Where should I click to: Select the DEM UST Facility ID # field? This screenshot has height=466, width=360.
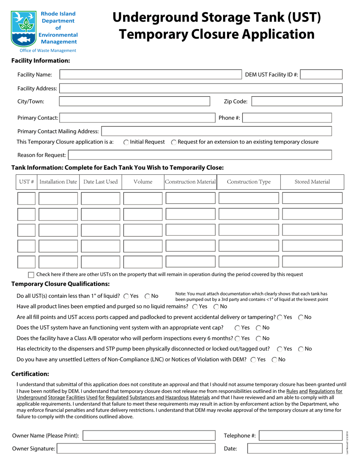click(322, 75)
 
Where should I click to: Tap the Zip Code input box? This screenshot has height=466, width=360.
click(297, 102)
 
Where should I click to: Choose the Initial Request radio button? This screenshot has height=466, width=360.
click(126, 142)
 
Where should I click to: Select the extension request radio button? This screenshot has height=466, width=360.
click(174, 142)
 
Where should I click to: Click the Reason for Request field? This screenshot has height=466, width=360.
click(200, 155)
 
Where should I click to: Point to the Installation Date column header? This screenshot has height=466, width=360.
click(58, 182)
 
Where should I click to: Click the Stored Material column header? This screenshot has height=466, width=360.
click(312, 182)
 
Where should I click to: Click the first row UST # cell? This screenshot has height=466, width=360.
click(27, 198)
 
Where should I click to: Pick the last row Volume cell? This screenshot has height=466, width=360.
click(143, 262)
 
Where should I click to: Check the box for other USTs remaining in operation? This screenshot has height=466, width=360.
click(31, 275)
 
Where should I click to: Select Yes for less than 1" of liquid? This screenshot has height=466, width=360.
click(126, 296)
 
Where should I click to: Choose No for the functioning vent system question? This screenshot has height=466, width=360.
click(258, 328)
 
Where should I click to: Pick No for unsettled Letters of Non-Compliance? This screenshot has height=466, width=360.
click(274, 360)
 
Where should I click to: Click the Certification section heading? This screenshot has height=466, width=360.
click(30, 374)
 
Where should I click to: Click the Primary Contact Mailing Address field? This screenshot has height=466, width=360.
click(216, 131)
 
